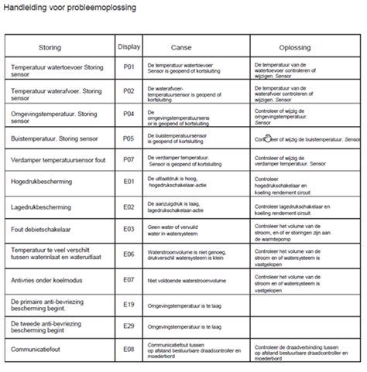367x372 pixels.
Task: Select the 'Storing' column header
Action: click(x=60, y=46)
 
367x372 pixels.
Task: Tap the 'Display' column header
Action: click(x=129, y=46)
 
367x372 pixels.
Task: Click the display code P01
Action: click(x=129, y=69)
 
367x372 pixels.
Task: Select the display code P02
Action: click(x=129, y=91)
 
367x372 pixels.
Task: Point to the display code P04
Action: click(x=129, y=114)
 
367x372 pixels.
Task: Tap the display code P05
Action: click(x=129, y=138)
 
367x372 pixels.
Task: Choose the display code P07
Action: click(x=129, y=160)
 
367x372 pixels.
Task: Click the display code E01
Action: click(x=129, y=182)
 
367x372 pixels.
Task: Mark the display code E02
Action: click(x=129, y=206)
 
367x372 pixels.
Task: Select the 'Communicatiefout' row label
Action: click(x=36, y=350)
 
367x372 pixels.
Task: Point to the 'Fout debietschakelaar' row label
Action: click(x=44, y=230)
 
